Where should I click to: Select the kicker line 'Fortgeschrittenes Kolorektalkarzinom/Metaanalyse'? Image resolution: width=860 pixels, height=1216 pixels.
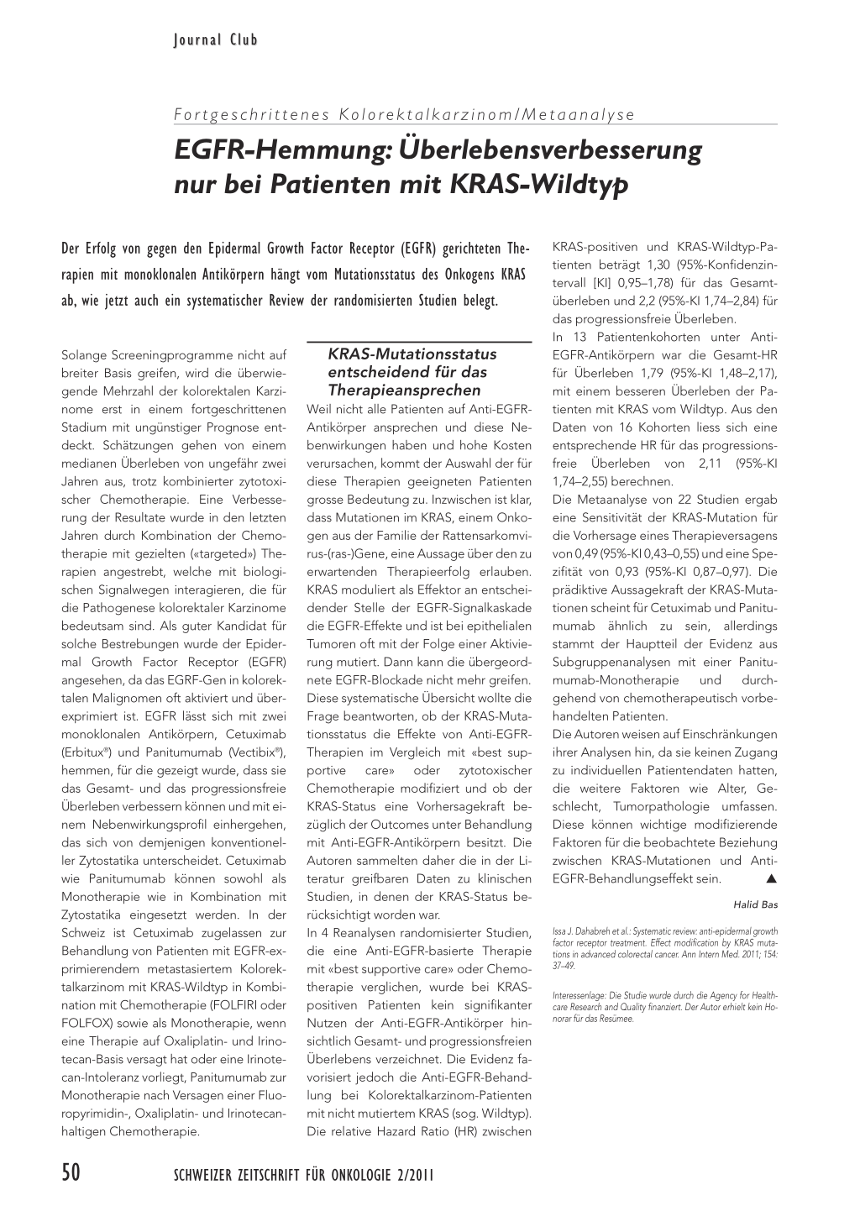(x=403, y=115)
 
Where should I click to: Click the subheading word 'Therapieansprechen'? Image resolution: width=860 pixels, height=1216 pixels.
(x=393, y=390)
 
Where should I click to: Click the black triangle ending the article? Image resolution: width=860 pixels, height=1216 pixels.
(x=770, y=879)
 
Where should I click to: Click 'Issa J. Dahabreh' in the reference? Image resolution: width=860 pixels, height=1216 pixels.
(x=583, y=931)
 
